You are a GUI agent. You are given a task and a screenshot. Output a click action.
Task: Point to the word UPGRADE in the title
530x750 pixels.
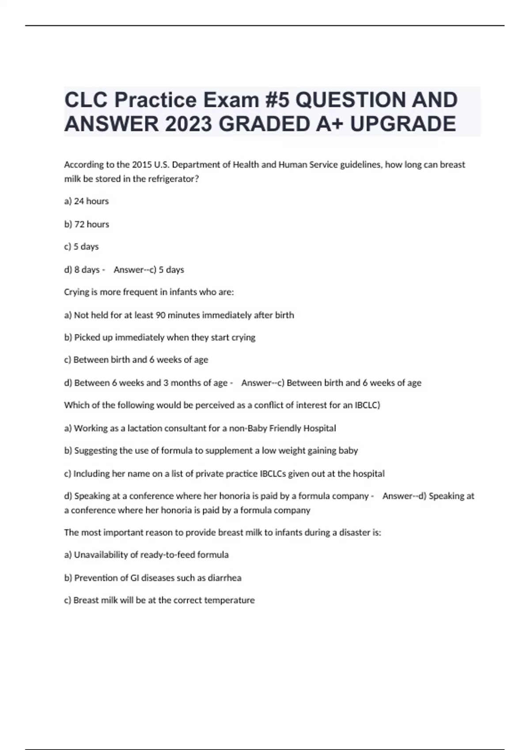pyautogui.click(x=403, y=124)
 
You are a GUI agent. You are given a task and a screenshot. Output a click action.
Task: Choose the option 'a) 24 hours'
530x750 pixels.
pyautogui.click(x=87, y=201)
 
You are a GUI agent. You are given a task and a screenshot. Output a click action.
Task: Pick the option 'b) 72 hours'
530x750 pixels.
pyautogui.click(x=87, y=224)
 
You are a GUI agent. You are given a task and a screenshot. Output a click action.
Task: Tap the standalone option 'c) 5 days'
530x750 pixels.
pyautogui.click(x=82, y=247)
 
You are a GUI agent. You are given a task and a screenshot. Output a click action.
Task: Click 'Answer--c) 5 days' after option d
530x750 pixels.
pyautogui.click(x=149, y=270)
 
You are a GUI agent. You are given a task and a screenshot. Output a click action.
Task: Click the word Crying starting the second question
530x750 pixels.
pyautogui.click(x=76, y=292)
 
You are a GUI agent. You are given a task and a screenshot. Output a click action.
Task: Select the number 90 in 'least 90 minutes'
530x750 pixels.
pyautogui.click(x=161, y=315)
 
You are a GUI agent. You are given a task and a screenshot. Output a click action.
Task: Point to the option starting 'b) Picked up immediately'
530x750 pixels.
pyautogui.click(x=160, y=337)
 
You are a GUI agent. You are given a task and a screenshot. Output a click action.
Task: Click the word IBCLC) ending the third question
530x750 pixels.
pyautogui.click(x=367, y=405)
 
